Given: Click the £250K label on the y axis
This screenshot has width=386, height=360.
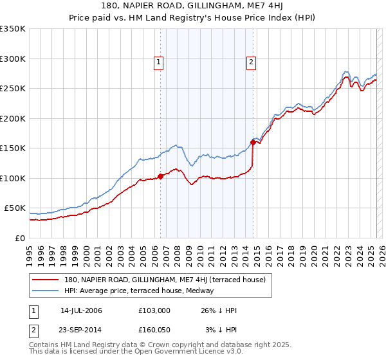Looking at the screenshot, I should tap(13, 89).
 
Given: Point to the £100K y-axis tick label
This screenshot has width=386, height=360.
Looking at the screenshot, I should tap(13, 178).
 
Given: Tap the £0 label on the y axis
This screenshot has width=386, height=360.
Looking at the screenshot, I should tap(20, 238).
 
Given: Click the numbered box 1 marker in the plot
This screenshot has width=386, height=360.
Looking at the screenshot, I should tap(159, 62).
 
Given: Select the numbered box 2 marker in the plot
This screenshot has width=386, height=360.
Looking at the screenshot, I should tap(252, 62).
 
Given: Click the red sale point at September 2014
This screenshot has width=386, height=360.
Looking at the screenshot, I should tap(253, 143).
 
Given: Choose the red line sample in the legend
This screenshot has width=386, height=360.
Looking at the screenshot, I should tap(46, 280).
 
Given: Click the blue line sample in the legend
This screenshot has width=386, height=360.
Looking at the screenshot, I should tap(46, 291).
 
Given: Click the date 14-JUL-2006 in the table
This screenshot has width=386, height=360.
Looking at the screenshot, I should tap(81, 310).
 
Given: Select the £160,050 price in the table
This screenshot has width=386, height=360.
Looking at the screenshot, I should tap(154, 330).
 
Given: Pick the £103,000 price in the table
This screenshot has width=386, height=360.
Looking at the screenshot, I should tap(154, 310).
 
